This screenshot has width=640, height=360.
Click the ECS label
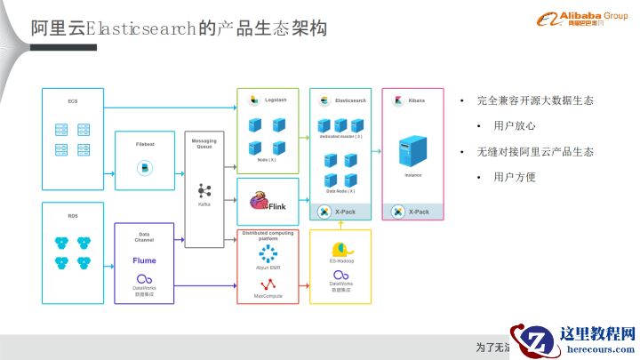(x=73, y=101)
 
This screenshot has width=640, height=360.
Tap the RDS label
(x=73, y=215)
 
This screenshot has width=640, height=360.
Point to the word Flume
(x=145, y=261)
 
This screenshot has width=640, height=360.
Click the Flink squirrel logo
(x=259, y=200)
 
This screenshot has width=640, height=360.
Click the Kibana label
(x=416, y=100)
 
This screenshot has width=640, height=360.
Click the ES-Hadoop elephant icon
(x=340, y=251)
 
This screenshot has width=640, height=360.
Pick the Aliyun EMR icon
(x=268, y=252)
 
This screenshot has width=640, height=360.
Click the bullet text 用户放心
(x=515, y=126)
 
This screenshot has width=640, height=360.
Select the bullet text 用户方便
(x=515, y=177)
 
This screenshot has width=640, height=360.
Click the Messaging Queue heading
(x=204, y=144)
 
